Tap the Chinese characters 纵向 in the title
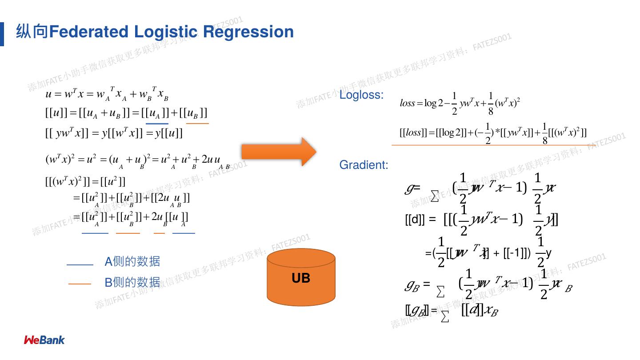coord(32,32)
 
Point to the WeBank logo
coord(44,340)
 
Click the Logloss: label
coord(361,95)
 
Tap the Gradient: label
coord(364,165)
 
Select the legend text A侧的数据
coord(132,262)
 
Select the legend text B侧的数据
coord(132,282)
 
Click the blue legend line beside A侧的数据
coord(80,265)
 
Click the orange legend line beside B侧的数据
coord(80,284)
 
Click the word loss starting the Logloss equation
coord(407,104)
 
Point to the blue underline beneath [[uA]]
coord(157,124)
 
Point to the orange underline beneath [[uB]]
coord(197,124)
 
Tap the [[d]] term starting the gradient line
coord(415,220)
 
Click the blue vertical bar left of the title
coord(2,34)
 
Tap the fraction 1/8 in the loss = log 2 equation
coord(491,104)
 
